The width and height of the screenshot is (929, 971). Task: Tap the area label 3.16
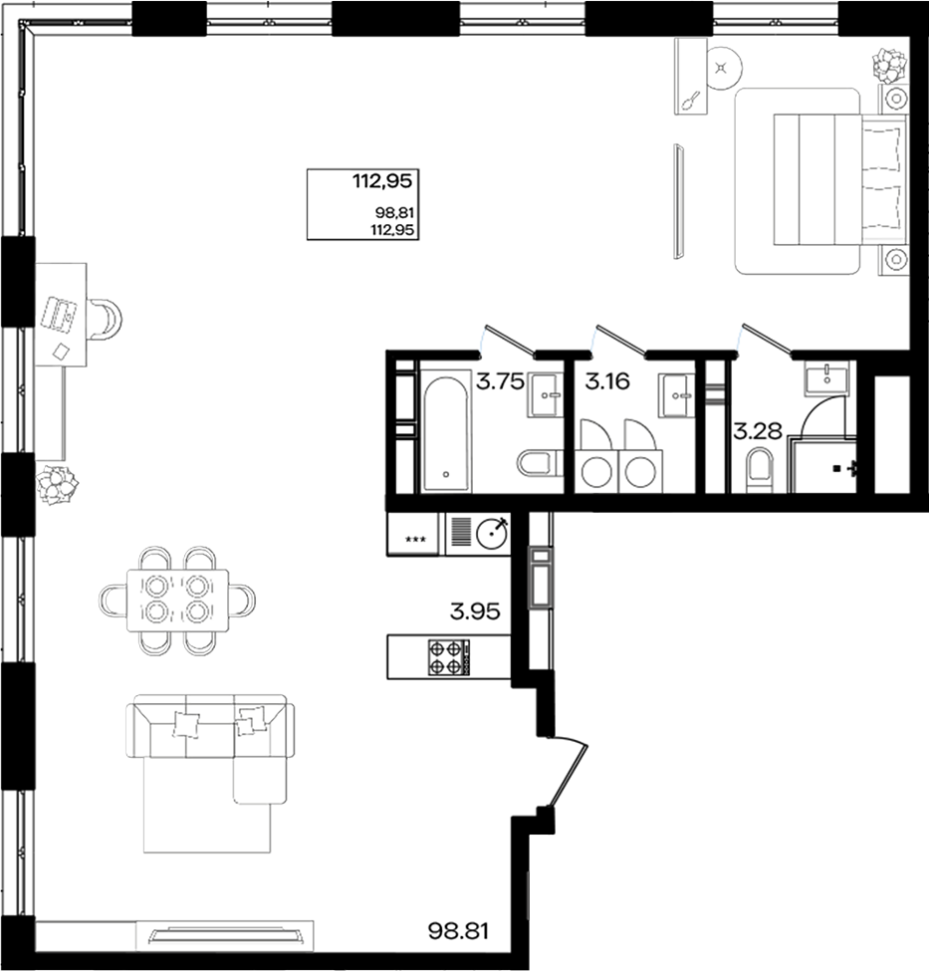[607, 381]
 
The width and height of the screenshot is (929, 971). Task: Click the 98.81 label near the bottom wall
[459, 933]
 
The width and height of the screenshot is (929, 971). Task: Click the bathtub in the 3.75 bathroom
[445, 429]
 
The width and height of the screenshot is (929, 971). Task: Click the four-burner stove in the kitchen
[445, 656]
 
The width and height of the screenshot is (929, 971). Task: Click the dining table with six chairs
[177, 600]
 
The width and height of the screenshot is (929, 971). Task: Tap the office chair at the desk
[105, 319]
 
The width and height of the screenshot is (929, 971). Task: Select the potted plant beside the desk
[57, 485]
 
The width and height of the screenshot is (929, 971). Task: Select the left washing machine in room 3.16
[596, 471]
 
